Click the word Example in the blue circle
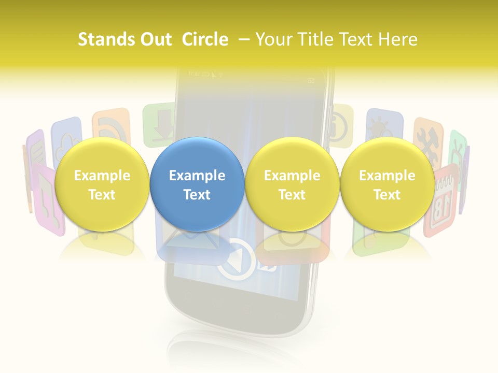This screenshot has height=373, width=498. pos(197,176)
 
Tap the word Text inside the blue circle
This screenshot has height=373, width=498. pos(197,195)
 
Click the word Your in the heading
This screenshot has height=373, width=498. pos(274,39)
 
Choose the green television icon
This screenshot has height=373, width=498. pos(457,148)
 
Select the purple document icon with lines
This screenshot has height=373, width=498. pos(36,150)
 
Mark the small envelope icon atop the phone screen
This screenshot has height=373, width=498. pos(311,80)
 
